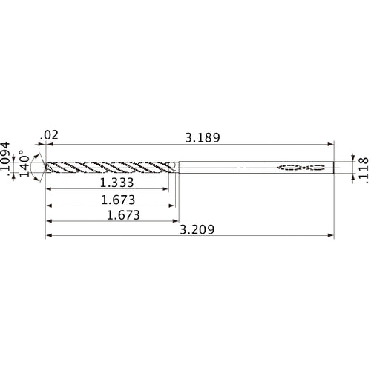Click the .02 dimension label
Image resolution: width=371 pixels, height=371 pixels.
51,134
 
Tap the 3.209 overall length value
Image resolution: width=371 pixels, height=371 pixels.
197,230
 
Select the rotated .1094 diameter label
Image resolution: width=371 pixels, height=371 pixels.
7,160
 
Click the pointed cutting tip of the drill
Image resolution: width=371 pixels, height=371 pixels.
45,168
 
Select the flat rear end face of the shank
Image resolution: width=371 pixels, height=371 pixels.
335,168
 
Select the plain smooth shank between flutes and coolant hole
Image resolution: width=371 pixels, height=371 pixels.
223,168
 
